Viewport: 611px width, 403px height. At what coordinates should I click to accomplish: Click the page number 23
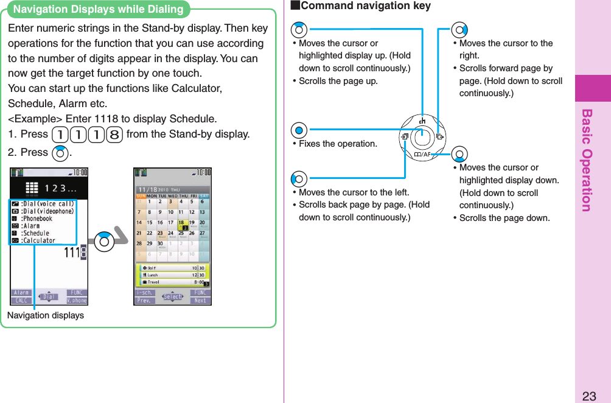point(588,395)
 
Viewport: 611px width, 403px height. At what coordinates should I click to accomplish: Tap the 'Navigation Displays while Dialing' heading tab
point(98,10)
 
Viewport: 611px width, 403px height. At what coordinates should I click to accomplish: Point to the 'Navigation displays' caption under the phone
point(46,315)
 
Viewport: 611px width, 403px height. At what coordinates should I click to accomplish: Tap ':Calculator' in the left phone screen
point(38,240)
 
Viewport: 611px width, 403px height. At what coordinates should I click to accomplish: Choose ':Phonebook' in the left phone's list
point(37,219)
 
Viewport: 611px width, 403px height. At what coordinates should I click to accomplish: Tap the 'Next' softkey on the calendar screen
point(200,300)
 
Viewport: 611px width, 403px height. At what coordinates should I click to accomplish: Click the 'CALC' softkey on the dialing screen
point(21,300)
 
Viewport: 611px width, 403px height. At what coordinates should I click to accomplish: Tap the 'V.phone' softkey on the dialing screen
point(77,300)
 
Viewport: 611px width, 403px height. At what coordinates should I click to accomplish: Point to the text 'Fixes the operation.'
point(338,144)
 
